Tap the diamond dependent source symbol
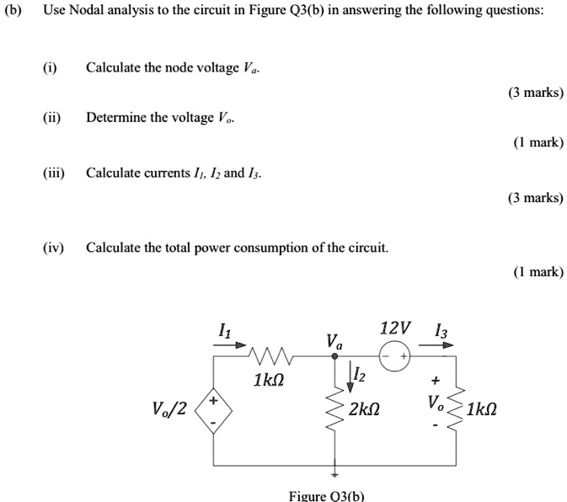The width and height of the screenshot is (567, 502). pyautogui.click(x=213, y=410)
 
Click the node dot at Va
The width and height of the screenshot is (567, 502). pyautogui.click(x=335, y=356)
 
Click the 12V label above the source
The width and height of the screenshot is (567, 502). pyautogui.click(x=395, y=328)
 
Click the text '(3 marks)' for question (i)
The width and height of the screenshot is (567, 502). pyautogui.click(x=535, y=92)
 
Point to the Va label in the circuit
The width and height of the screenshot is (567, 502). pyautogui.click(x=334, y=341)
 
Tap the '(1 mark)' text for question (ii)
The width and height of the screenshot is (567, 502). pyautogui.click(x=537, y=142)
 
